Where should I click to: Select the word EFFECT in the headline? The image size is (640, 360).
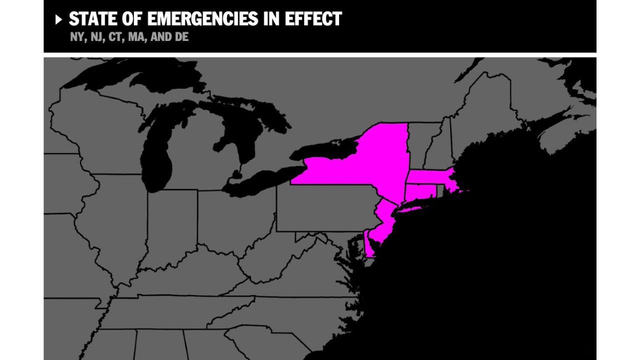tap(314, 19)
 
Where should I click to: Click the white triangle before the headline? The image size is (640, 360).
tap(58, 19)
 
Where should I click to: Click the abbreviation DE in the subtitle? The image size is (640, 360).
tap(182, 37)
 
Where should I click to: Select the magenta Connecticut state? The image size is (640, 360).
tap(420, 191)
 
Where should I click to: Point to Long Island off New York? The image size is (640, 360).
tap(420, 204)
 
